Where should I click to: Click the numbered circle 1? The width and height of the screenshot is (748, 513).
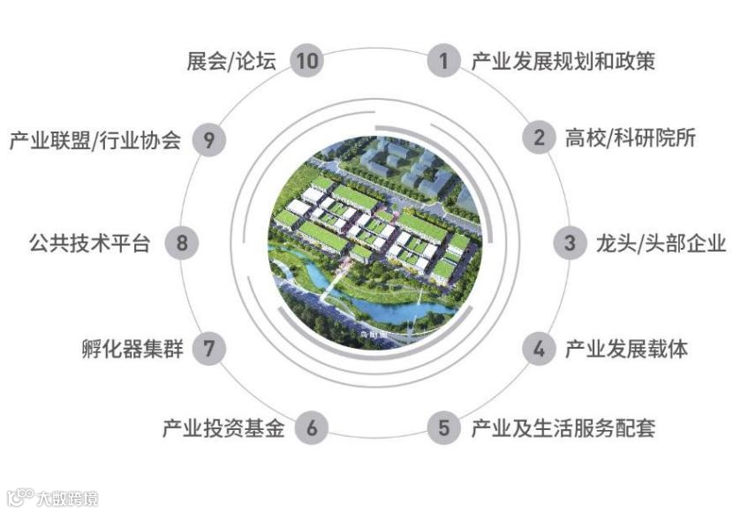[443, 61]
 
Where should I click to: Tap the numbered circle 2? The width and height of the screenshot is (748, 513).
[538, 139]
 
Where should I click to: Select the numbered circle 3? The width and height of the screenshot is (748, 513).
[570, 243]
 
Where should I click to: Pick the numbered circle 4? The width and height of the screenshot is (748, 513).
[538, 348]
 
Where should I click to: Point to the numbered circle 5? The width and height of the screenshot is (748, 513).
[443, 429]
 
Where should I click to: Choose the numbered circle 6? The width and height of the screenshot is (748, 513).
[311, 429]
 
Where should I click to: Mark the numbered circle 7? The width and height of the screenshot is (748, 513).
[209, 348]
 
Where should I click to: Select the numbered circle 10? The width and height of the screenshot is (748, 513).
[306, 61]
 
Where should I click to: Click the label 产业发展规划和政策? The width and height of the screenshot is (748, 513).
[563, 61]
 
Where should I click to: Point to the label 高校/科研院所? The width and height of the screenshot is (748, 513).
[631, 139]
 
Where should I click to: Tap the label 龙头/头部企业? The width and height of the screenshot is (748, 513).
[661, 243]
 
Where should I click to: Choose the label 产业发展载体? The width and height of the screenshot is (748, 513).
[626, 348]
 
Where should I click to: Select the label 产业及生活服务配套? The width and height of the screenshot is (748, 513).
[563, 429]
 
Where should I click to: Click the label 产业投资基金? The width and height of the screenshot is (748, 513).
[223, 429]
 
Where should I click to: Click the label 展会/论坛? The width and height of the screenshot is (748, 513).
[231, 61]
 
